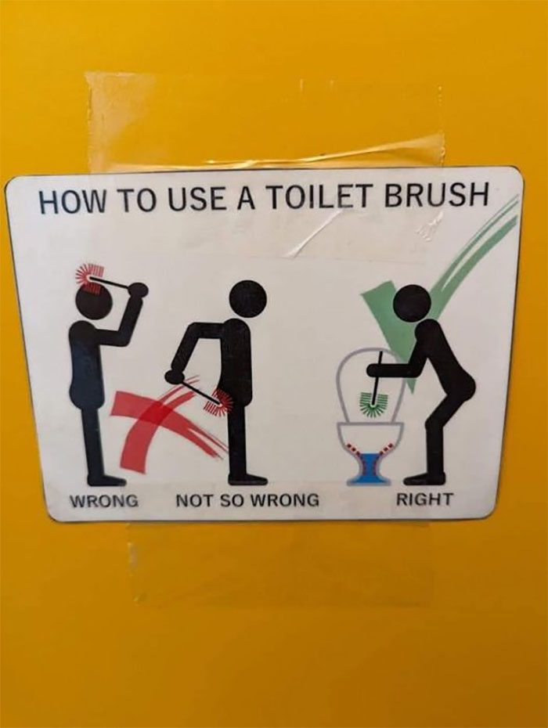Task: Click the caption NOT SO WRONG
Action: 247,499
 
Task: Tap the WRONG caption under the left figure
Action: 105,499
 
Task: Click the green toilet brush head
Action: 373,402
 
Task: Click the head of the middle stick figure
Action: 248,299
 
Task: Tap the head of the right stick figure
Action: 412,303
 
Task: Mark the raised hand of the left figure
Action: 139,290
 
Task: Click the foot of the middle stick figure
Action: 246,479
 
